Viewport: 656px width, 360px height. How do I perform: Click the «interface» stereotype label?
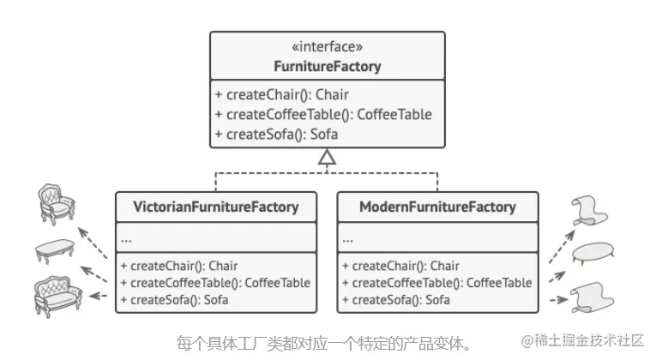pyautogui.click(x=328, y=47)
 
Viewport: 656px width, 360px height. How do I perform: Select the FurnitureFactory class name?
pyautogui.click(x=328, y=66)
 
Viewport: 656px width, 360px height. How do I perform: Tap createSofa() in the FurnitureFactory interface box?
pyautogui.click(x=277, y=134)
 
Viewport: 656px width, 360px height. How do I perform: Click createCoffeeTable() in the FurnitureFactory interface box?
pyautogui.click(x=323, y=114)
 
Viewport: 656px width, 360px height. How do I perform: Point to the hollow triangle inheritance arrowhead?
pyautogui.click(x=327, y=157)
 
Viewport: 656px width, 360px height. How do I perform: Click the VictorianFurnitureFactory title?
pyautogui.click(x=215, y=207)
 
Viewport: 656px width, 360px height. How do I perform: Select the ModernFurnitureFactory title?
pyautogui.click(x=437, y=207)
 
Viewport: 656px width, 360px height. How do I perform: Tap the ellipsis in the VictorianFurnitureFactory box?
pyautogui.click(x=126, y=237)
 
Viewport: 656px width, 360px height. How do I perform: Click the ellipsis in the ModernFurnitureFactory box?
pyautogui.click(x=348, y=237)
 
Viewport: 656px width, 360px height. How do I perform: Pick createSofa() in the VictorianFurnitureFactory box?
pyautogui.click(x=174, y=300)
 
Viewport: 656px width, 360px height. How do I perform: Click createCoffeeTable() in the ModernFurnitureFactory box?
pyautogui.click(x=436, y=283)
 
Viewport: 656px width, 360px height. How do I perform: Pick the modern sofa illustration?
pyautogui.click(x=593, y=297)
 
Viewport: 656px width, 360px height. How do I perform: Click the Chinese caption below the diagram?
pyautogui.click(x=324, y=343)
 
